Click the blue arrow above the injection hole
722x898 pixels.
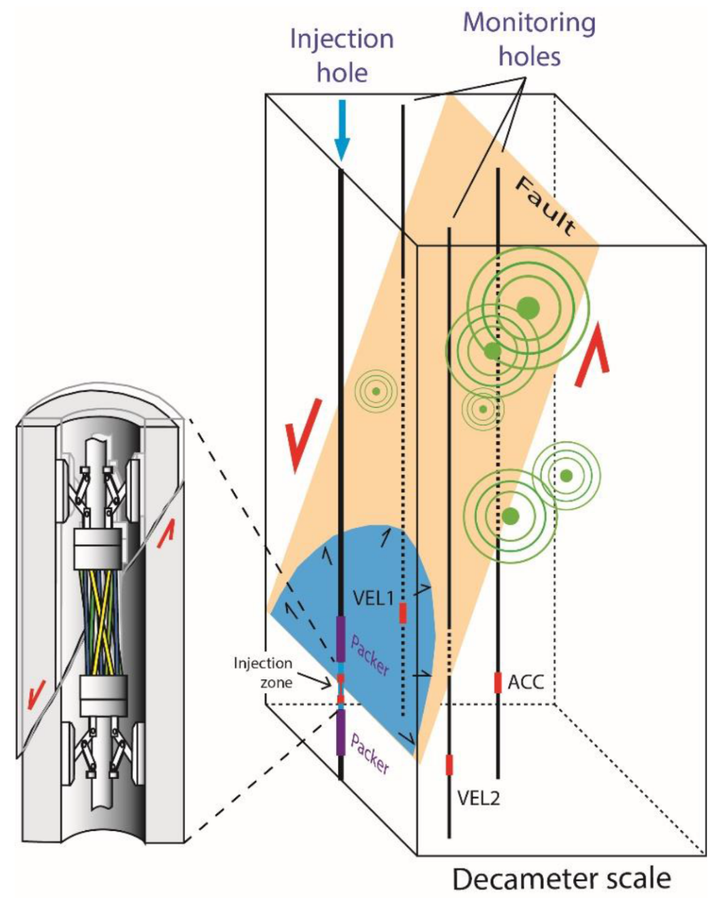[342, 128]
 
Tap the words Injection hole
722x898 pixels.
[342, 55]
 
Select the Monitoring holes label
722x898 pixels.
[529, 38]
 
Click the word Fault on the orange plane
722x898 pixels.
[545, 207]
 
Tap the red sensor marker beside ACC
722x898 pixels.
[498, 681]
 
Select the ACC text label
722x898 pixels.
[525, 682]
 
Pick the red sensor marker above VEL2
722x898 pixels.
[449, 764]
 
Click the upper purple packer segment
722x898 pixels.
[341, 639]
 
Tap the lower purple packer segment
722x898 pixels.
[341, 732]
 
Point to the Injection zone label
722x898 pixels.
[263, 671]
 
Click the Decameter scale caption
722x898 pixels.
[562, 879]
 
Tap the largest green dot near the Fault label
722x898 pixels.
[528, 307]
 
